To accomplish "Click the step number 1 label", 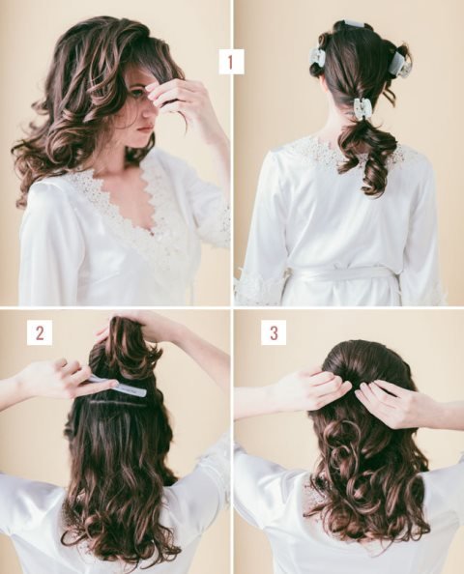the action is coord(231,62).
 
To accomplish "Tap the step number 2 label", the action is coord(40,332).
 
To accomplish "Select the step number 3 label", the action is coord(274,332).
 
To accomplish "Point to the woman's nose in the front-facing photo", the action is coord(147,112).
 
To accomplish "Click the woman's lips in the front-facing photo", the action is coord(146,129).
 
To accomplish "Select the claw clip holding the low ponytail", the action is coord(362,107).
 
